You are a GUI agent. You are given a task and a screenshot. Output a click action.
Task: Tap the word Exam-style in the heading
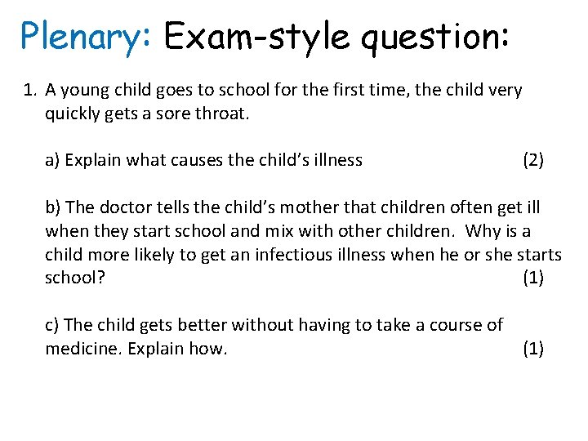255,37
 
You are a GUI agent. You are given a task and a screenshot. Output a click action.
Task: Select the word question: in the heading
435,37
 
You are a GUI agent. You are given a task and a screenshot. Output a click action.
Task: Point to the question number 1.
30,90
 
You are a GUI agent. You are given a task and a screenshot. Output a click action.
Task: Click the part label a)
52,160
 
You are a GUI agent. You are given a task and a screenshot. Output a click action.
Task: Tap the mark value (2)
533,160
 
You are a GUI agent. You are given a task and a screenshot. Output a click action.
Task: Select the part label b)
53,207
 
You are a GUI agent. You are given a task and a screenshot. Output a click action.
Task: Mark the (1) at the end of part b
533,278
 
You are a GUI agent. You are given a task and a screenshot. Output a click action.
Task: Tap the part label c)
52,325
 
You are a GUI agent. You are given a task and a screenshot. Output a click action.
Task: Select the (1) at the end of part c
533,349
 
